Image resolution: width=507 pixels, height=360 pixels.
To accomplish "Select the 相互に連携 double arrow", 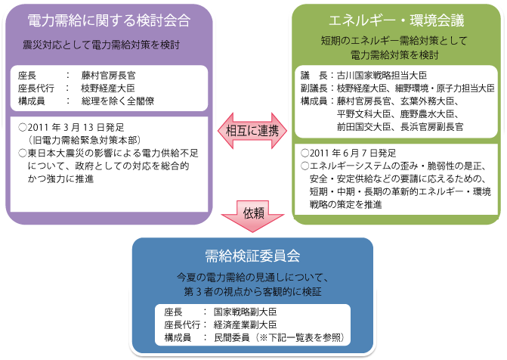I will click(252, 131).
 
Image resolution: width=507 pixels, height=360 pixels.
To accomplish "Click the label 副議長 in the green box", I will click(314, 88).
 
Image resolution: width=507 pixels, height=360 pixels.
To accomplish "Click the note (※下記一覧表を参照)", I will click(300, 337).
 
